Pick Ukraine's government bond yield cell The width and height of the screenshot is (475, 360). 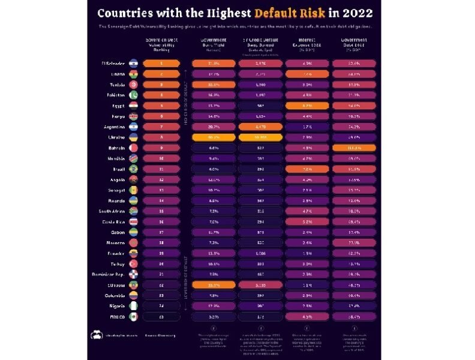pos(213,137)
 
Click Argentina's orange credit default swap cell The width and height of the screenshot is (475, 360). pos(260,127)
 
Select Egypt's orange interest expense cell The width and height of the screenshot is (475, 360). pos(307,106)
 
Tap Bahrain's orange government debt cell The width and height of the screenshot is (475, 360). pos(354,148)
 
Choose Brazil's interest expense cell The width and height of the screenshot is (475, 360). pos(307,169)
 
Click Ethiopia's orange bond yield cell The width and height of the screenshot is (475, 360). pos(213,285)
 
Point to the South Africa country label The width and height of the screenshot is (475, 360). pos(112,211)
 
